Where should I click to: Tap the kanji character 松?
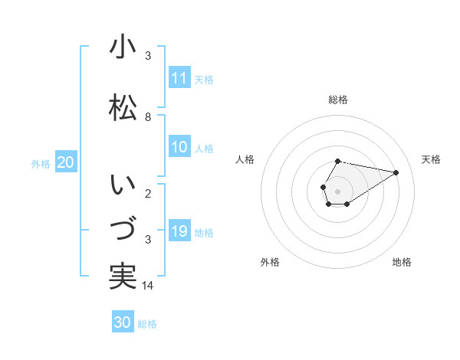[123, 106]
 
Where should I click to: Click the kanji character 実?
[123, 276]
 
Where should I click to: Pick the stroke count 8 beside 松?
[148, 117]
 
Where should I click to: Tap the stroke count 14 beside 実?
[149, 286]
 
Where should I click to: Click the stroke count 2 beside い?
[148, 193]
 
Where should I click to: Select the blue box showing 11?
[179, 78]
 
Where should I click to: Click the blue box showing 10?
[179, 147]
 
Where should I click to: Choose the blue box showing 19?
[179, 231]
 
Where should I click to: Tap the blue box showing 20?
[65, 162]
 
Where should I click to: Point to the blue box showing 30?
[123, 322]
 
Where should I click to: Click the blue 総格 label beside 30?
[147, 324]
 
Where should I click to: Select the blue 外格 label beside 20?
[41, 163]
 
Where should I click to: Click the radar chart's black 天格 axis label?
[431, 159]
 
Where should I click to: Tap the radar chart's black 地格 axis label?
[402, 262]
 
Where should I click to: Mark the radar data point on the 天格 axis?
[396, 172]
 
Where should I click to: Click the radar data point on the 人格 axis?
[323, 187]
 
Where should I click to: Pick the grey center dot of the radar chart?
[337, 191]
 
